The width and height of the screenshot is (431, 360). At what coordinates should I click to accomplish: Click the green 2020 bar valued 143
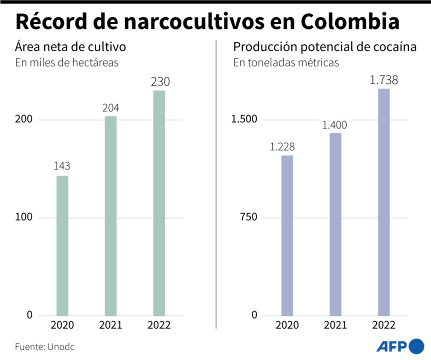pos(62,245)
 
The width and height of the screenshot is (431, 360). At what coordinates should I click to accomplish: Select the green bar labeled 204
pos(110,215)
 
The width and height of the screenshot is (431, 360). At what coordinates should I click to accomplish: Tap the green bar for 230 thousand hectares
pos(159,203)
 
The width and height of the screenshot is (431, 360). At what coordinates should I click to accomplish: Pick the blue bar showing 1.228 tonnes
pos(287,235)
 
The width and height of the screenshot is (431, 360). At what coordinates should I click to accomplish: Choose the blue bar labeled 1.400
pos(335,224)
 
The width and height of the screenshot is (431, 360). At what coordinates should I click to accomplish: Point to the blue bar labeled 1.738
pos(384,202)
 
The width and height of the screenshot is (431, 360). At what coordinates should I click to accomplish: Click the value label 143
pos(62,166)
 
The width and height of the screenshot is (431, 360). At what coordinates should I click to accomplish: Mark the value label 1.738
pos(384,79)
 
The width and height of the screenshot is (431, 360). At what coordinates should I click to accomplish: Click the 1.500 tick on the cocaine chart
pos(244,119)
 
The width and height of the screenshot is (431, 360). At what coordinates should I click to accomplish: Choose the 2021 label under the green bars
pos(110,325)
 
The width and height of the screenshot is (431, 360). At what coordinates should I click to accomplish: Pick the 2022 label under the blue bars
pos(384,325)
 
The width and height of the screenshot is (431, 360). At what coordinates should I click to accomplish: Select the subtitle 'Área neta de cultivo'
pos(70,47)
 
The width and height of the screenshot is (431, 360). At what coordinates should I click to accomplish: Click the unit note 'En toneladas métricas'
pos(286,63)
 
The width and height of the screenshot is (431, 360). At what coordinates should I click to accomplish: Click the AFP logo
pos(399,346)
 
